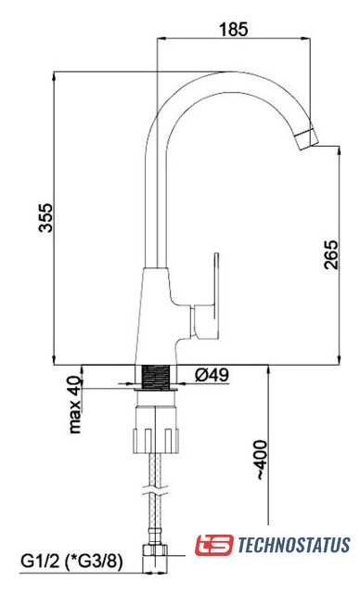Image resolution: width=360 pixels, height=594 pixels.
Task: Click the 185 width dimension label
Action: [234, 29]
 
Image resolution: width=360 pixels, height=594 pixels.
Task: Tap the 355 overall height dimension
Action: [46, 217]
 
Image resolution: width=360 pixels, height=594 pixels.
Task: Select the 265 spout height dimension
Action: [331, 254]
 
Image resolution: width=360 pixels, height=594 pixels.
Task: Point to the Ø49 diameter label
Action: [212, 375]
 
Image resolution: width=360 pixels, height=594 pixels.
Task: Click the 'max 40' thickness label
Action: [75, 405]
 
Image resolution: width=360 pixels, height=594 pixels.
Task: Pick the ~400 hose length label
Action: [261, 460]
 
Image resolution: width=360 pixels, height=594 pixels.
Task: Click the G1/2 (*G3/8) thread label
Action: [71, 562]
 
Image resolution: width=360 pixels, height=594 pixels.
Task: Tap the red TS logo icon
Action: [214, 545]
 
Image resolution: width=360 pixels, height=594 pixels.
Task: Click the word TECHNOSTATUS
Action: [294, 545]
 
